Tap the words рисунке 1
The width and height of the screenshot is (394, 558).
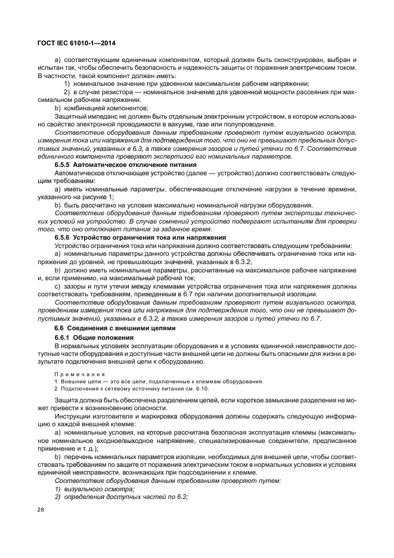point(97,196)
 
